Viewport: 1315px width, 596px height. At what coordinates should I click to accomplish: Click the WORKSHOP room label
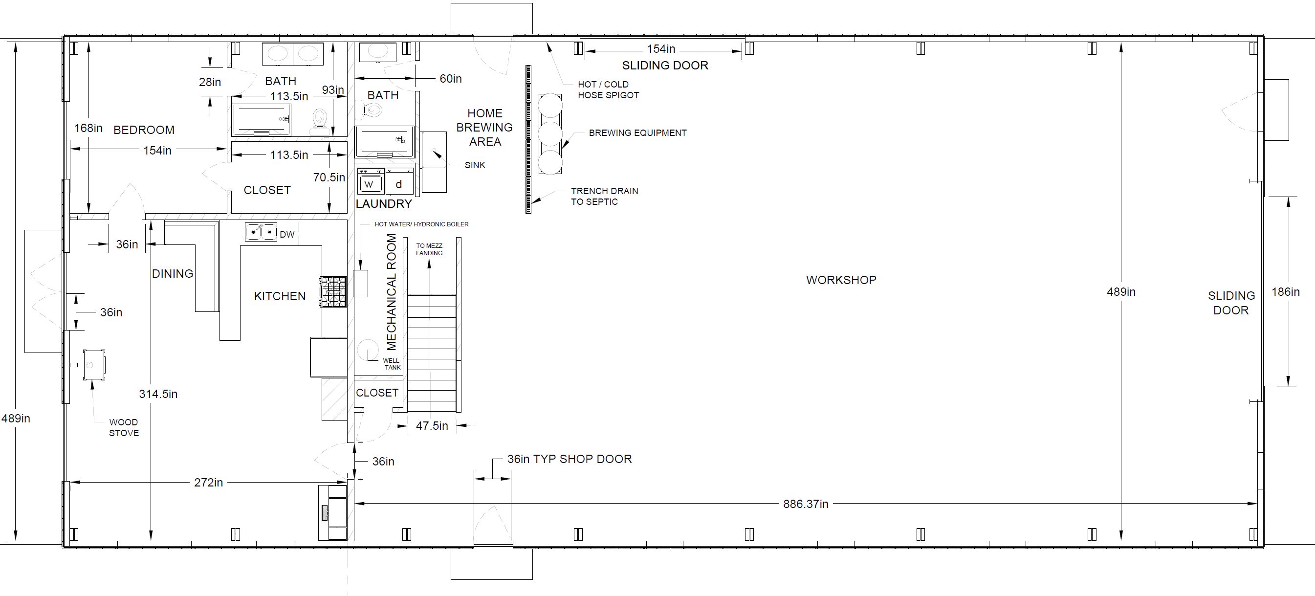(x=841, y=280)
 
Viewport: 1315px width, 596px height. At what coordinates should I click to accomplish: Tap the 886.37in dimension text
(x=806, y=504)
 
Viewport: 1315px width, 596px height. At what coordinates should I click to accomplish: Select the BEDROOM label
(x=144, y=130)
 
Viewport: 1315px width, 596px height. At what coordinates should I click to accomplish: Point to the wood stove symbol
(x=94, y=365)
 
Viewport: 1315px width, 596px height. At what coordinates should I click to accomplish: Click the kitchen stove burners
(x=333, y=292)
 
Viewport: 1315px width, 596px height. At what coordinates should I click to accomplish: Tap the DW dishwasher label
(x=287, y=234)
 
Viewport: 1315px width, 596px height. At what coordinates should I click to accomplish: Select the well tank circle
(x=368, y=350)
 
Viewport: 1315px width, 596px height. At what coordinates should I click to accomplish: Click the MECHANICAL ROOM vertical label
(x=392, y=292)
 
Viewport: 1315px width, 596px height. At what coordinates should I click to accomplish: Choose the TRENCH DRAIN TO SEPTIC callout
(x=604, y=196)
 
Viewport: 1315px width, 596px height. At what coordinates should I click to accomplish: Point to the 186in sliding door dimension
(x=1285, y=291)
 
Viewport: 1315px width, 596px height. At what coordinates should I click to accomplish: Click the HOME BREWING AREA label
(x=484, y=127)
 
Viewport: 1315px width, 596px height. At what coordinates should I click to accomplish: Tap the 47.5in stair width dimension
(x=432, y=426)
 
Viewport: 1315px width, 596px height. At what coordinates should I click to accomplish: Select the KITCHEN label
(x=280, y=296)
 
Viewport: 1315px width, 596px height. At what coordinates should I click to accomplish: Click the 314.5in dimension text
(x=158, y=394)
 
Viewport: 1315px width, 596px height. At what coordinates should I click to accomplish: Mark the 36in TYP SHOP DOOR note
(x=570, y=459)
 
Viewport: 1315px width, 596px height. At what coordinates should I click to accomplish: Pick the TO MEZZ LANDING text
(x=429, y=249)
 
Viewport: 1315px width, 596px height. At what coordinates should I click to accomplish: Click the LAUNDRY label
(x=384, y=204)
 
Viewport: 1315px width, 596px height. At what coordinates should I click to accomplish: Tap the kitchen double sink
(x=261, y=232)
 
